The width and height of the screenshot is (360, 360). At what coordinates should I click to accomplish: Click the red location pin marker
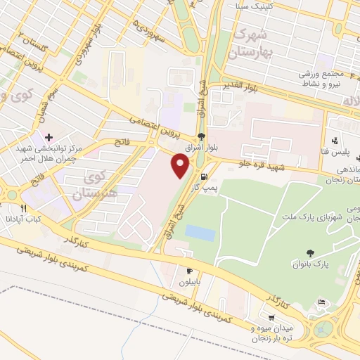coord(181,167)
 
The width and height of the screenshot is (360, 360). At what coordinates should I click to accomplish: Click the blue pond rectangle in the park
coord(201,233)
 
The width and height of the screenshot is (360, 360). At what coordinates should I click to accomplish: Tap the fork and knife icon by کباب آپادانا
coord(23,208)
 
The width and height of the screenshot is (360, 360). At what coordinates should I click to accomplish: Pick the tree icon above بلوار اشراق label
coord(202,136)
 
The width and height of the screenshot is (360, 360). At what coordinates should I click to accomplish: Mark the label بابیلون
coord(188,283)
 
